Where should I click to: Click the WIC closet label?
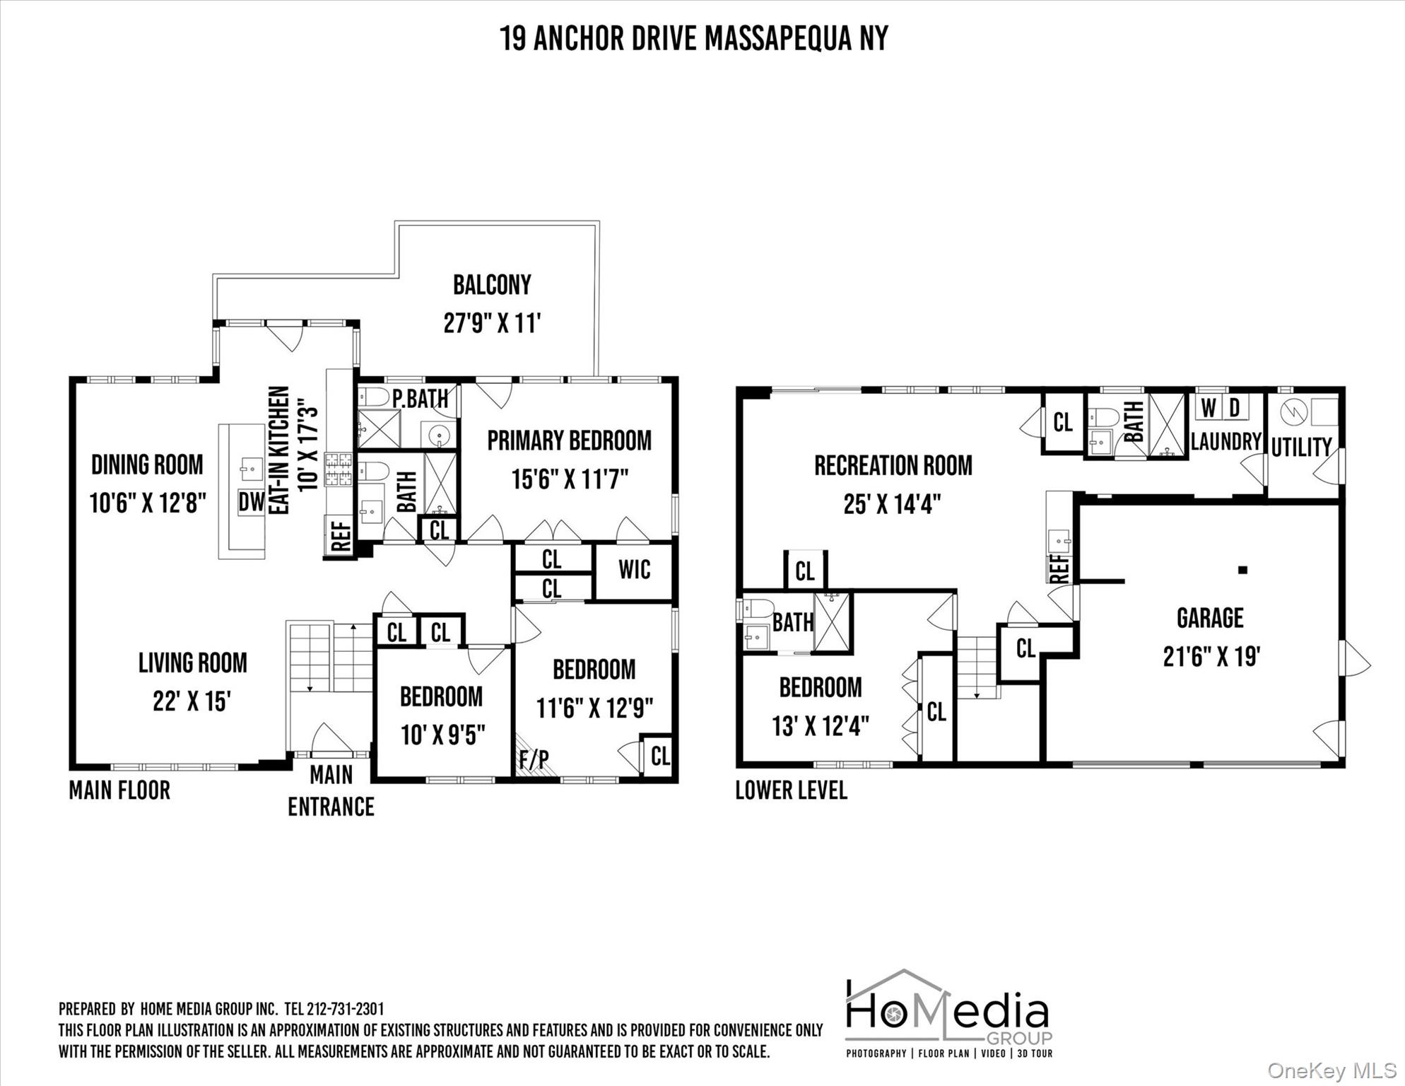[634, 570]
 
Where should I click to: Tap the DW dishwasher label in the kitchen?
[251, 502]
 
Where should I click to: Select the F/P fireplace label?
[534, 759]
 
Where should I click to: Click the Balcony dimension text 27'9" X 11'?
[492, 323]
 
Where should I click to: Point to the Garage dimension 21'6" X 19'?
[1211, 657]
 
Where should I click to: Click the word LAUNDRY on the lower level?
[1226, 442]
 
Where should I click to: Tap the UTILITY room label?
[1301, 448]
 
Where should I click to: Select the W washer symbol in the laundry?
[1209, 408]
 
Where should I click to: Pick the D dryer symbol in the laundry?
[1235, 408]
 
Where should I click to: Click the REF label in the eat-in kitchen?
[341, 537]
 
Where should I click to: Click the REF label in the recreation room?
[1059, 568]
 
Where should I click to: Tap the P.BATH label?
[421, 399]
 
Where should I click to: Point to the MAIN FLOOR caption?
[119, 790]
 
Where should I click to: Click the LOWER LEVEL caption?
[791, 790]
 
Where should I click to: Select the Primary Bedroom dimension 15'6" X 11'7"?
[570, 480]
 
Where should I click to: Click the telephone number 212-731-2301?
[345, 1009]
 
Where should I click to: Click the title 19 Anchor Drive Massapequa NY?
[694, 38]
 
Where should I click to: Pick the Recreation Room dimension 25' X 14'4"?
[893, 504]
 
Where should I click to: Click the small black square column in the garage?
[1243, 570]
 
